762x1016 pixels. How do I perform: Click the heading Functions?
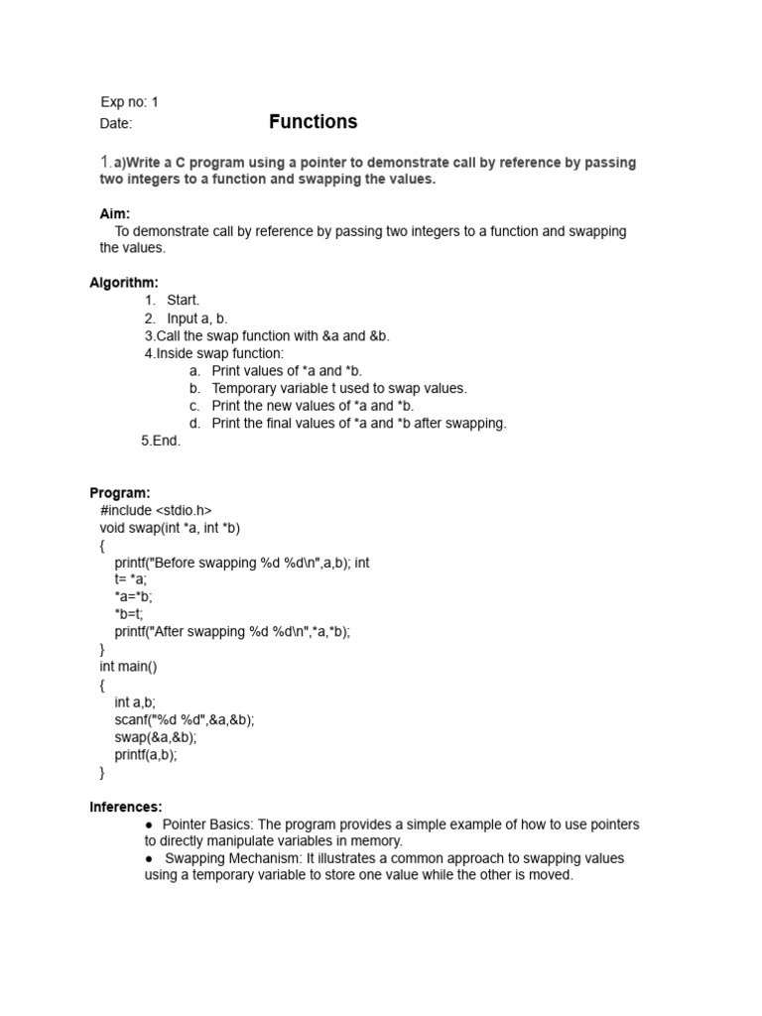[313, 122]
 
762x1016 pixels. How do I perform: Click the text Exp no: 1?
[129, 102]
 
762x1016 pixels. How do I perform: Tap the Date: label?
[116, 124]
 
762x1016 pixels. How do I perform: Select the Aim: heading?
[115, 213]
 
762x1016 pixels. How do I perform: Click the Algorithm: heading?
[124, 283]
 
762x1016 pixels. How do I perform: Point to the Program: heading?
[120, 493]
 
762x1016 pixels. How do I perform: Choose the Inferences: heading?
[126, 807]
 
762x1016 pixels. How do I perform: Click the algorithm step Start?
[183, 300]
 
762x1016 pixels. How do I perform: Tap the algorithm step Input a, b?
[196, 317]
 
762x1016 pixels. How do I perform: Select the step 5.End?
[161, 441]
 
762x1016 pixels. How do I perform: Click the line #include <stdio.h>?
[156, 510]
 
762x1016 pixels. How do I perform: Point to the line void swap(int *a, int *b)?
[170, 528]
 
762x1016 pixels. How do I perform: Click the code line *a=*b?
[134, 597]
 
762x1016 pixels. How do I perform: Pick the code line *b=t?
[129, 614]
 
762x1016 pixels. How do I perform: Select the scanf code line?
[184, 719]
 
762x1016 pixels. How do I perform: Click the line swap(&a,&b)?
[156, 737]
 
